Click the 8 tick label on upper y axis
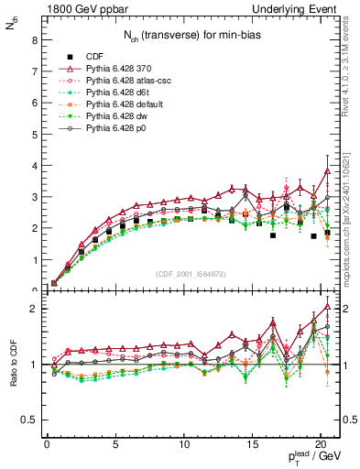click(x=34, y=40)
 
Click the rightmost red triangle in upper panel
click(x=328, y=169)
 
